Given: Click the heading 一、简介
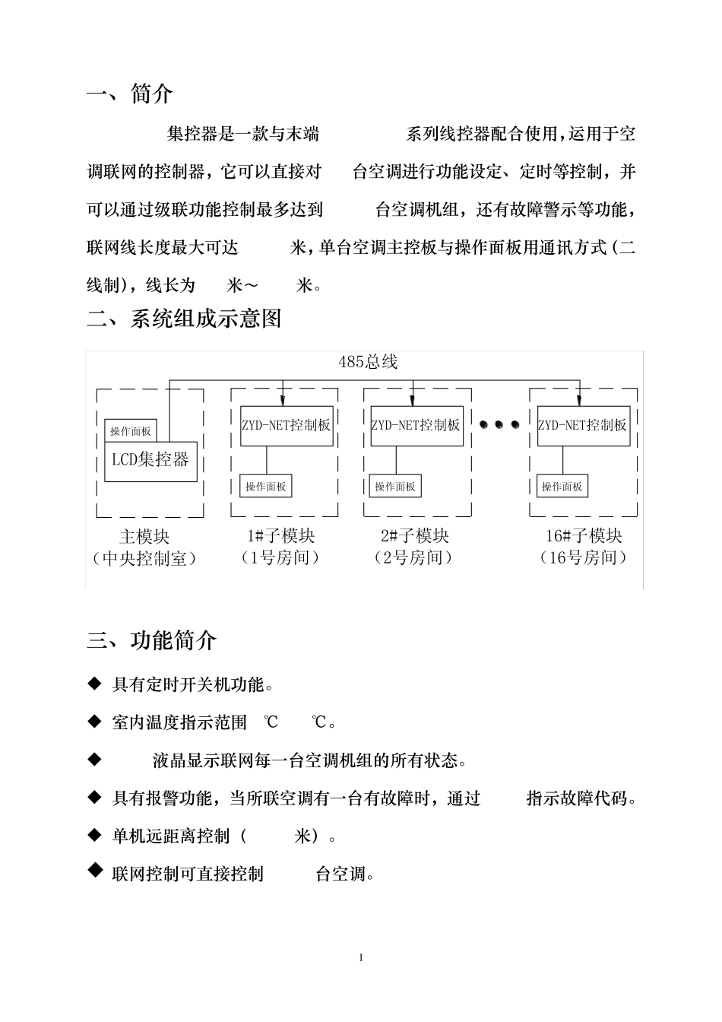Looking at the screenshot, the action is (130, 94).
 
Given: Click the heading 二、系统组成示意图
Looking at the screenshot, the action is (184, 318).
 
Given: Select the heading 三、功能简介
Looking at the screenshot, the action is (152, 640).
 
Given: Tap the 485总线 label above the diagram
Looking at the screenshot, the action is (368, 362).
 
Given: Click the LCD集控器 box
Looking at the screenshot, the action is (150, 461).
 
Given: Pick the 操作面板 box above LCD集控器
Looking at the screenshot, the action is (131, 431).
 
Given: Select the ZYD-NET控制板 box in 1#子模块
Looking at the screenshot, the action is (286, 425).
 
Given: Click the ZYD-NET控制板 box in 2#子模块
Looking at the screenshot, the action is (416, 425).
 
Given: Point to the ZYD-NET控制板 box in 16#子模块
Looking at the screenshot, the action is (583, 425).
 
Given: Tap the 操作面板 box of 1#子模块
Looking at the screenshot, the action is (266, 487).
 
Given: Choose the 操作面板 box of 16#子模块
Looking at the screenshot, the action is (562, 487).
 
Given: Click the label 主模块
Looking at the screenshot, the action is (144, 536).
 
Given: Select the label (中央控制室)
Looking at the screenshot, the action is (144, 559).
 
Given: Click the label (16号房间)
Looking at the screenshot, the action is (584, 558).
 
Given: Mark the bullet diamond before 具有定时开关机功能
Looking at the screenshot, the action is (95, 684).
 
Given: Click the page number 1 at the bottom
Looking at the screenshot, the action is (361, 957).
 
